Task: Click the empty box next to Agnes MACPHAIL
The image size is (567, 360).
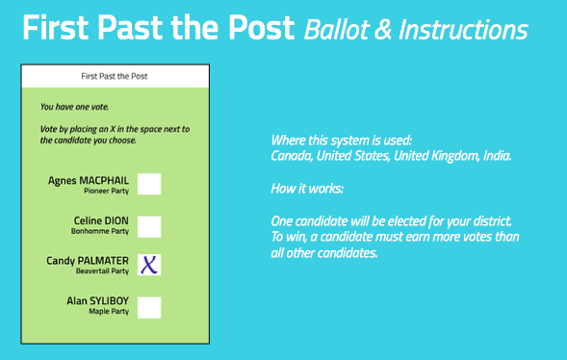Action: (149, 184)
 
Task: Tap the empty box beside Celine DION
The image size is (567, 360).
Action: (149, 226)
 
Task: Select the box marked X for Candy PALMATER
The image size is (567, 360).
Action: (149, 265)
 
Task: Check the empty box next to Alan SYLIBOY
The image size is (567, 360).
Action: (149, 307)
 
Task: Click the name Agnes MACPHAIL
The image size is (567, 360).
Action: (89, 179)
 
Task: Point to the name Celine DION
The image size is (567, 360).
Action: (102, 220)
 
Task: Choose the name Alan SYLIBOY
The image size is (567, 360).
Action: (97, 301)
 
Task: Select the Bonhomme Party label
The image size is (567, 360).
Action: (100, 232)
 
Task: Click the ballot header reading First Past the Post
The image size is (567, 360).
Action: (114, 74)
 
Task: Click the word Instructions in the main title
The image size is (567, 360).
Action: (465, 30)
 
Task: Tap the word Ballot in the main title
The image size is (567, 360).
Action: (333, 30)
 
